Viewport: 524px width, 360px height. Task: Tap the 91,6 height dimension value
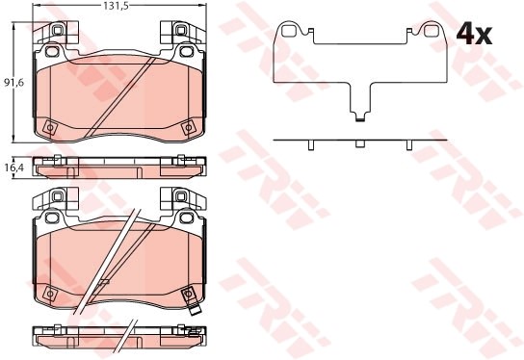[14, 83]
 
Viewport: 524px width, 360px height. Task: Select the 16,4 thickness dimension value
[14, 167]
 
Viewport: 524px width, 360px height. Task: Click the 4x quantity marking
[474, 35]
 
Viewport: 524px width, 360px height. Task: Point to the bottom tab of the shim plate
[360, 116]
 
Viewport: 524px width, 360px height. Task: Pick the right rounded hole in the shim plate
[431, 31]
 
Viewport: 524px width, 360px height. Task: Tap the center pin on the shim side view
[359, 143]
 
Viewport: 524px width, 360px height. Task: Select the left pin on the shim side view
[310, 145]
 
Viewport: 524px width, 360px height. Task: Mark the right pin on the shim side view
[409, 145]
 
